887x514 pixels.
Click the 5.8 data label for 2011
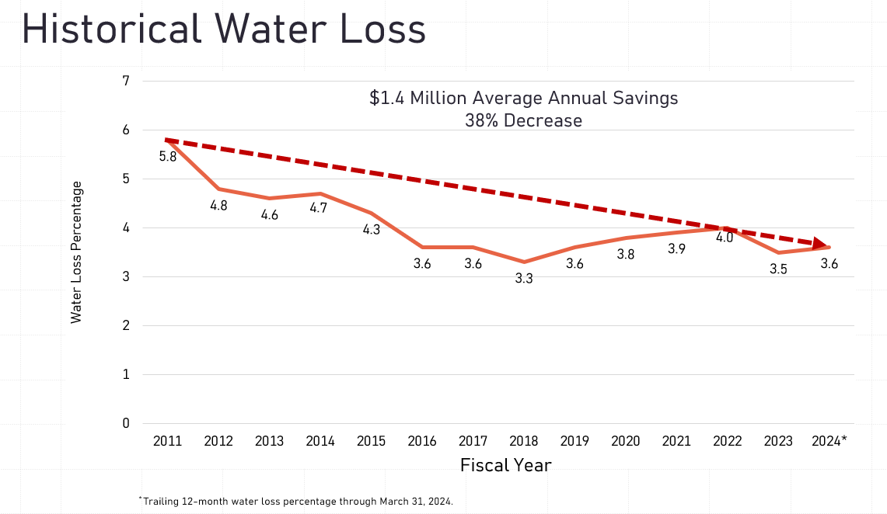coord(168,156)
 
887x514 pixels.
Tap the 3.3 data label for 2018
coord(524,278)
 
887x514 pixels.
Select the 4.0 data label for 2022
coord(724,238)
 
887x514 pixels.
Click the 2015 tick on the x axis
coord(371,441)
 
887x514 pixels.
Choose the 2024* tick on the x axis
coord(829,441)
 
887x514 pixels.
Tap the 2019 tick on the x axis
coord(574,441)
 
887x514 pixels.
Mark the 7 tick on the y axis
coord(125,81)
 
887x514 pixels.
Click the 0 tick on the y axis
coord(125,423)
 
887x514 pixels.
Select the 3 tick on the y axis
coord(125,276)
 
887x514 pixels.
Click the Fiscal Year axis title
coord(506,465)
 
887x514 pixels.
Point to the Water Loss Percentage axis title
coord(76,252)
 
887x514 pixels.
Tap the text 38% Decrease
coord(523,120)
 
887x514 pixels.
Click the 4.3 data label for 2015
coord(372,231)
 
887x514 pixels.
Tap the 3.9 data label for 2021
coord(676,248)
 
